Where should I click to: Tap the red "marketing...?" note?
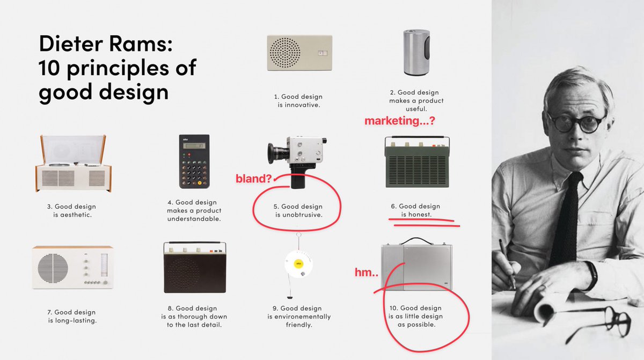(399, 121)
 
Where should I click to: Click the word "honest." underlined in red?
(420, 215)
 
